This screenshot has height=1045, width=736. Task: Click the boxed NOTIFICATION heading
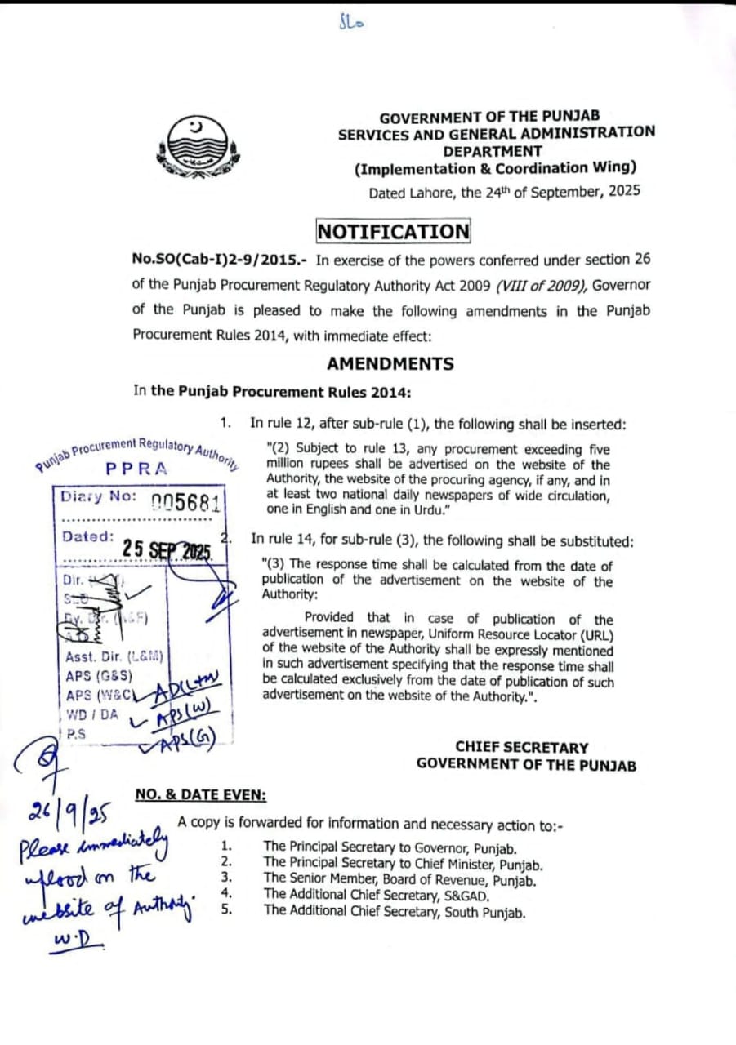point(394,232)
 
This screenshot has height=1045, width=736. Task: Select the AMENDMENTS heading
point(390,363)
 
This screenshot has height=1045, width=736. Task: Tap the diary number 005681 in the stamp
point(186,501)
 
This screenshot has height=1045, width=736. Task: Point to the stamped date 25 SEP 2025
point(167,549)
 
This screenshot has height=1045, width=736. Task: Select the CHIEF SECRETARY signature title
point(521,747)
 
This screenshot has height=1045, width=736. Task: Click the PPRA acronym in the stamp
point(137,469)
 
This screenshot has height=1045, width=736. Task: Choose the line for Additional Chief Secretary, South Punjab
point(394,912)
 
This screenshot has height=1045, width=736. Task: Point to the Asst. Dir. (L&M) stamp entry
point(114,656)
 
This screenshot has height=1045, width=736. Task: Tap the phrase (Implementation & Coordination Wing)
point(496,169)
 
